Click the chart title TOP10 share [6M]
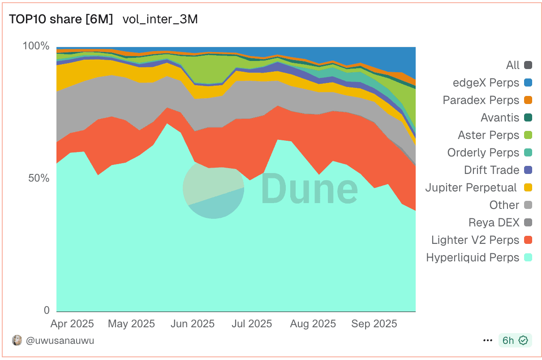[61, 19]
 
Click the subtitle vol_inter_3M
[160, 19]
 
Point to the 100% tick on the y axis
[36, 46]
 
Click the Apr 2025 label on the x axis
[73, 324]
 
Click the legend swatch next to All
[528, 65]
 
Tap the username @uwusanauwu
[60, 341]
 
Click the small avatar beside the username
[17, 340]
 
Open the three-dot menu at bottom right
[488, 341]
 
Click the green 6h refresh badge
[515, 341]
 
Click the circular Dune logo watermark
[214, 188]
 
